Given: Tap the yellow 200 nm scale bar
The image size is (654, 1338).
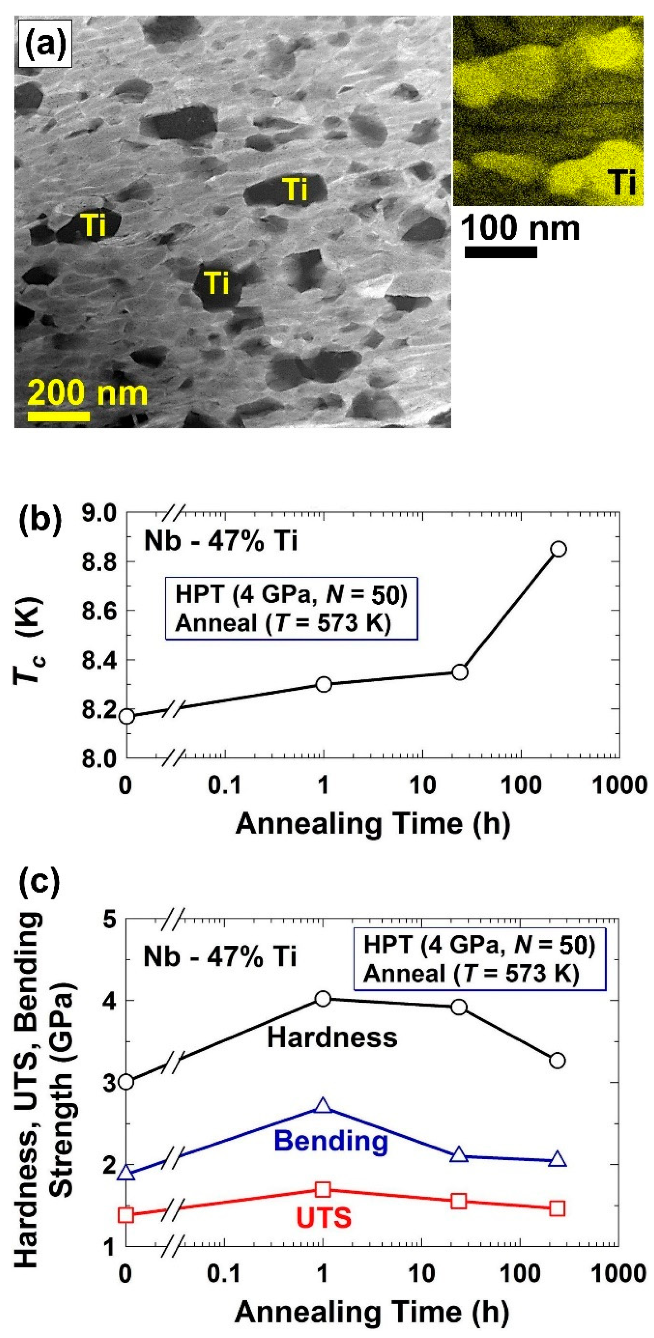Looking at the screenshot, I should click(x=59, y=416).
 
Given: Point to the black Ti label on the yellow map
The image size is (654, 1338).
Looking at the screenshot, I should click(x=621, y=182).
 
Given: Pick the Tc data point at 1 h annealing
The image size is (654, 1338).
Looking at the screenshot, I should click(x=323, y=684).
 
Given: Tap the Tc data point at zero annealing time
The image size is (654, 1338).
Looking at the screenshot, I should click(x=126, y=717).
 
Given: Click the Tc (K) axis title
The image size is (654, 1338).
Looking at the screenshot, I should click(x=30, y=643).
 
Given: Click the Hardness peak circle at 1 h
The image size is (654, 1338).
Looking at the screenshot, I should click(x=323, y=999).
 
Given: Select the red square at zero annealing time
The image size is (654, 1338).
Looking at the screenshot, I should click(x=126, y=1214).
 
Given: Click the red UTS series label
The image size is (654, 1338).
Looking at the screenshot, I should click(x=323, y=1217).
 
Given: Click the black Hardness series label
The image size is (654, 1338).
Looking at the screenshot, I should click(x=332, y=1038).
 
